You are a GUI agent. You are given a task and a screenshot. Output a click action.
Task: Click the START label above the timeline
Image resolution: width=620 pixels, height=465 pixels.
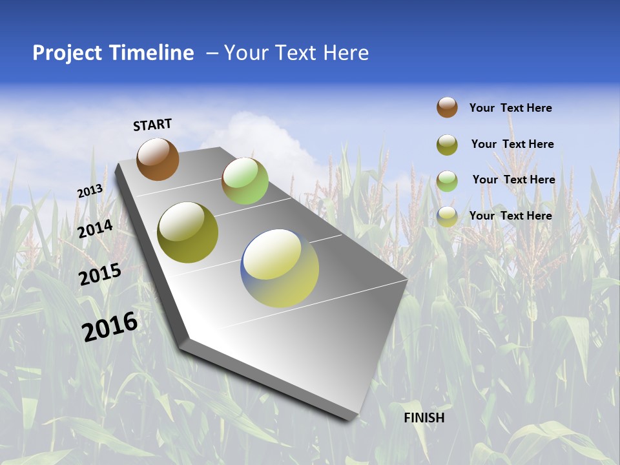click(x=152, y=125)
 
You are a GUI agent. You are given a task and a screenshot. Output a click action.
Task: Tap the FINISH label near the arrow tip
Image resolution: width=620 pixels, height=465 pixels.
click(x=424, y=418)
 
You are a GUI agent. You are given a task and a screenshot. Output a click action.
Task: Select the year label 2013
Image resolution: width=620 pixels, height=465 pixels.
click(x=90, y=191)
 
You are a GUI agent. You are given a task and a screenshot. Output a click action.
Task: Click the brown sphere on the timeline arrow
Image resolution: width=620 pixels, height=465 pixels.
click(x=158, y=159)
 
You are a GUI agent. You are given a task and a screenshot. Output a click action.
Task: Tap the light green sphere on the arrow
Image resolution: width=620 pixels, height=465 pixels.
click(x=245, y=181)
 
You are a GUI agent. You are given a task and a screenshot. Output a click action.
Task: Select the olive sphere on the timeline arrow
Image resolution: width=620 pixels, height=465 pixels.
click(x=188, y=232)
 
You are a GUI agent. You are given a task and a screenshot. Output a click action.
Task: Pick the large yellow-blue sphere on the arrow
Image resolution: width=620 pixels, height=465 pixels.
click(x=280, y=268)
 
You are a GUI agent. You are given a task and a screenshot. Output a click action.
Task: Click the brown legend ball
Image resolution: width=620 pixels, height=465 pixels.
click(x=447, y=107)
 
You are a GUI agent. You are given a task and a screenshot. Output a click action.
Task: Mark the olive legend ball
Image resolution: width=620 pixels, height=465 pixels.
click(x=447, y=145)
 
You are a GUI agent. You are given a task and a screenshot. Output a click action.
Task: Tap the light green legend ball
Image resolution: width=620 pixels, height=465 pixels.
click(x=447, y=181)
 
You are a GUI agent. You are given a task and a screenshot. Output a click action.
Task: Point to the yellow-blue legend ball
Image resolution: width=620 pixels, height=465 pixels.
click(x=447, y=216)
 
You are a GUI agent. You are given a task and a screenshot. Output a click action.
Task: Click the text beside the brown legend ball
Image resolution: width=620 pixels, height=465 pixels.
click(x=510, y=108)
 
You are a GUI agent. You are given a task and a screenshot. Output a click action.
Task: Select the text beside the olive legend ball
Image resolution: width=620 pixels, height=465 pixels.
click(x=512, y=144)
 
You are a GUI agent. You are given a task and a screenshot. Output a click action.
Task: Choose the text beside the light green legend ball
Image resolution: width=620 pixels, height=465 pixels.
click(x=513, y=180)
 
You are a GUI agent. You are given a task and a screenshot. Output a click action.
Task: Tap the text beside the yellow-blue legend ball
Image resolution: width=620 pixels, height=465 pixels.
click(x=510, y=216)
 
